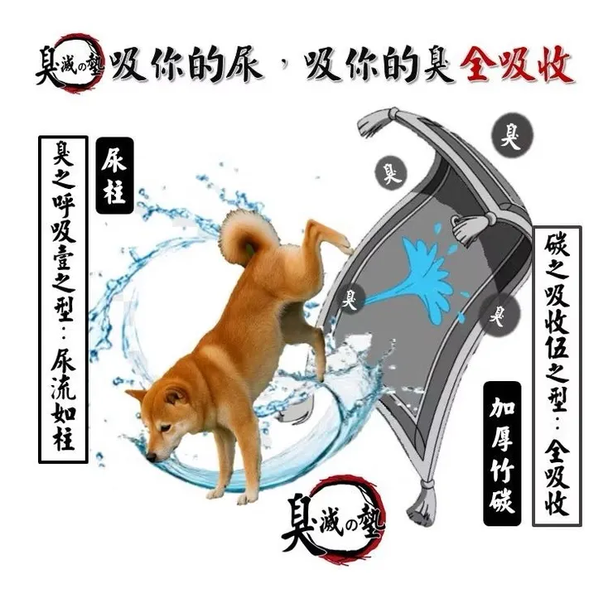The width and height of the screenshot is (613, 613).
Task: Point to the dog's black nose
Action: tap(150, 456)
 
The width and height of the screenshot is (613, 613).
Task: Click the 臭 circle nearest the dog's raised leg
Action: tap(354, 294)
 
